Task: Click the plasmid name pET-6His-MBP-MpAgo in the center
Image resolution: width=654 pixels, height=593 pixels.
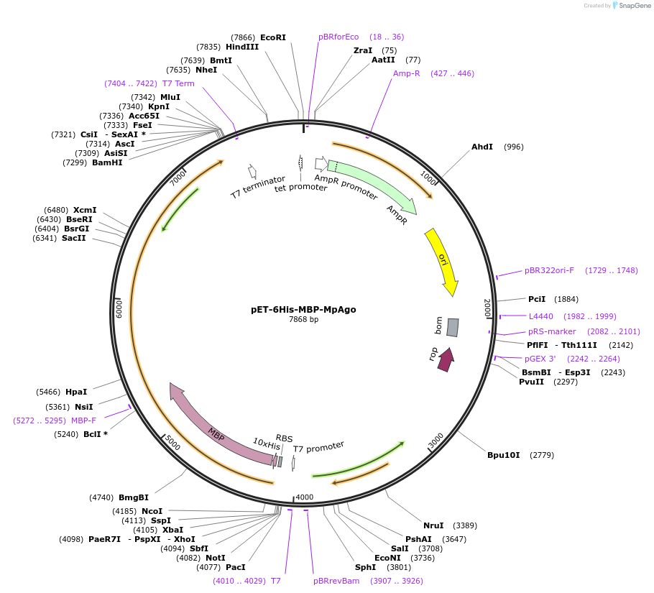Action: click(303, 310)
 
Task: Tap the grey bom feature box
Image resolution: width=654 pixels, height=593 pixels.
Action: click(452, 327)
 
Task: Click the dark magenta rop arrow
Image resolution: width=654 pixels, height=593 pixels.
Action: click(446, 359)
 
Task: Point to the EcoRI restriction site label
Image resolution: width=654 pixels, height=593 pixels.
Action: click(272, 37)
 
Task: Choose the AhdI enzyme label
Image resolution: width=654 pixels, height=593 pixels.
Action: click(482, 147)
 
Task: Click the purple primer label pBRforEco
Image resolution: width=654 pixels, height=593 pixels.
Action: click(338, 37)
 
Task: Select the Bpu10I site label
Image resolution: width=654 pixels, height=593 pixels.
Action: click(503, 455)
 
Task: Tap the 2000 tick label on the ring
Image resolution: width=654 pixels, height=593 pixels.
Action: click(487, 308)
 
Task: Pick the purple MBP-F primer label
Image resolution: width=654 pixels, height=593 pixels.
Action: click(83, 420)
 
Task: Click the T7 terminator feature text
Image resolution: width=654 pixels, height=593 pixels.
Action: click(257, 188)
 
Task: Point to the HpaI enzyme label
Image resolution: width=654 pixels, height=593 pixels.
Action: click(75, 392)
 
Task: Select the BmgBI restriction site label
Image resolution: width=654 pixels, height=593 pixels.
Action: click(133, 497)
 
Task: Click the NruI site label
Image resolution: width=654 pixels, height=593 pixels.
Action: click(433, 525)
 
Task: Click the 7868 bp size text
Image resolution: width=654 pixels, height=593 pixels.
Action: click(303, 320)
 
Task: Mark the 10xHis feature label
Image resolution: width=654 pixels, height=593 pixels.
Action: click(266, 444)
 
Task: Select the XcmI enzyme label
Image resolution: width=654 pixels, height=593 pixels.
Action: click(85, 210)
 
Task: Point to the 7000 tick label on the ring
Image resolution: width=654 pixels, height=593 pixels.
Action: click(178, 178)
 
